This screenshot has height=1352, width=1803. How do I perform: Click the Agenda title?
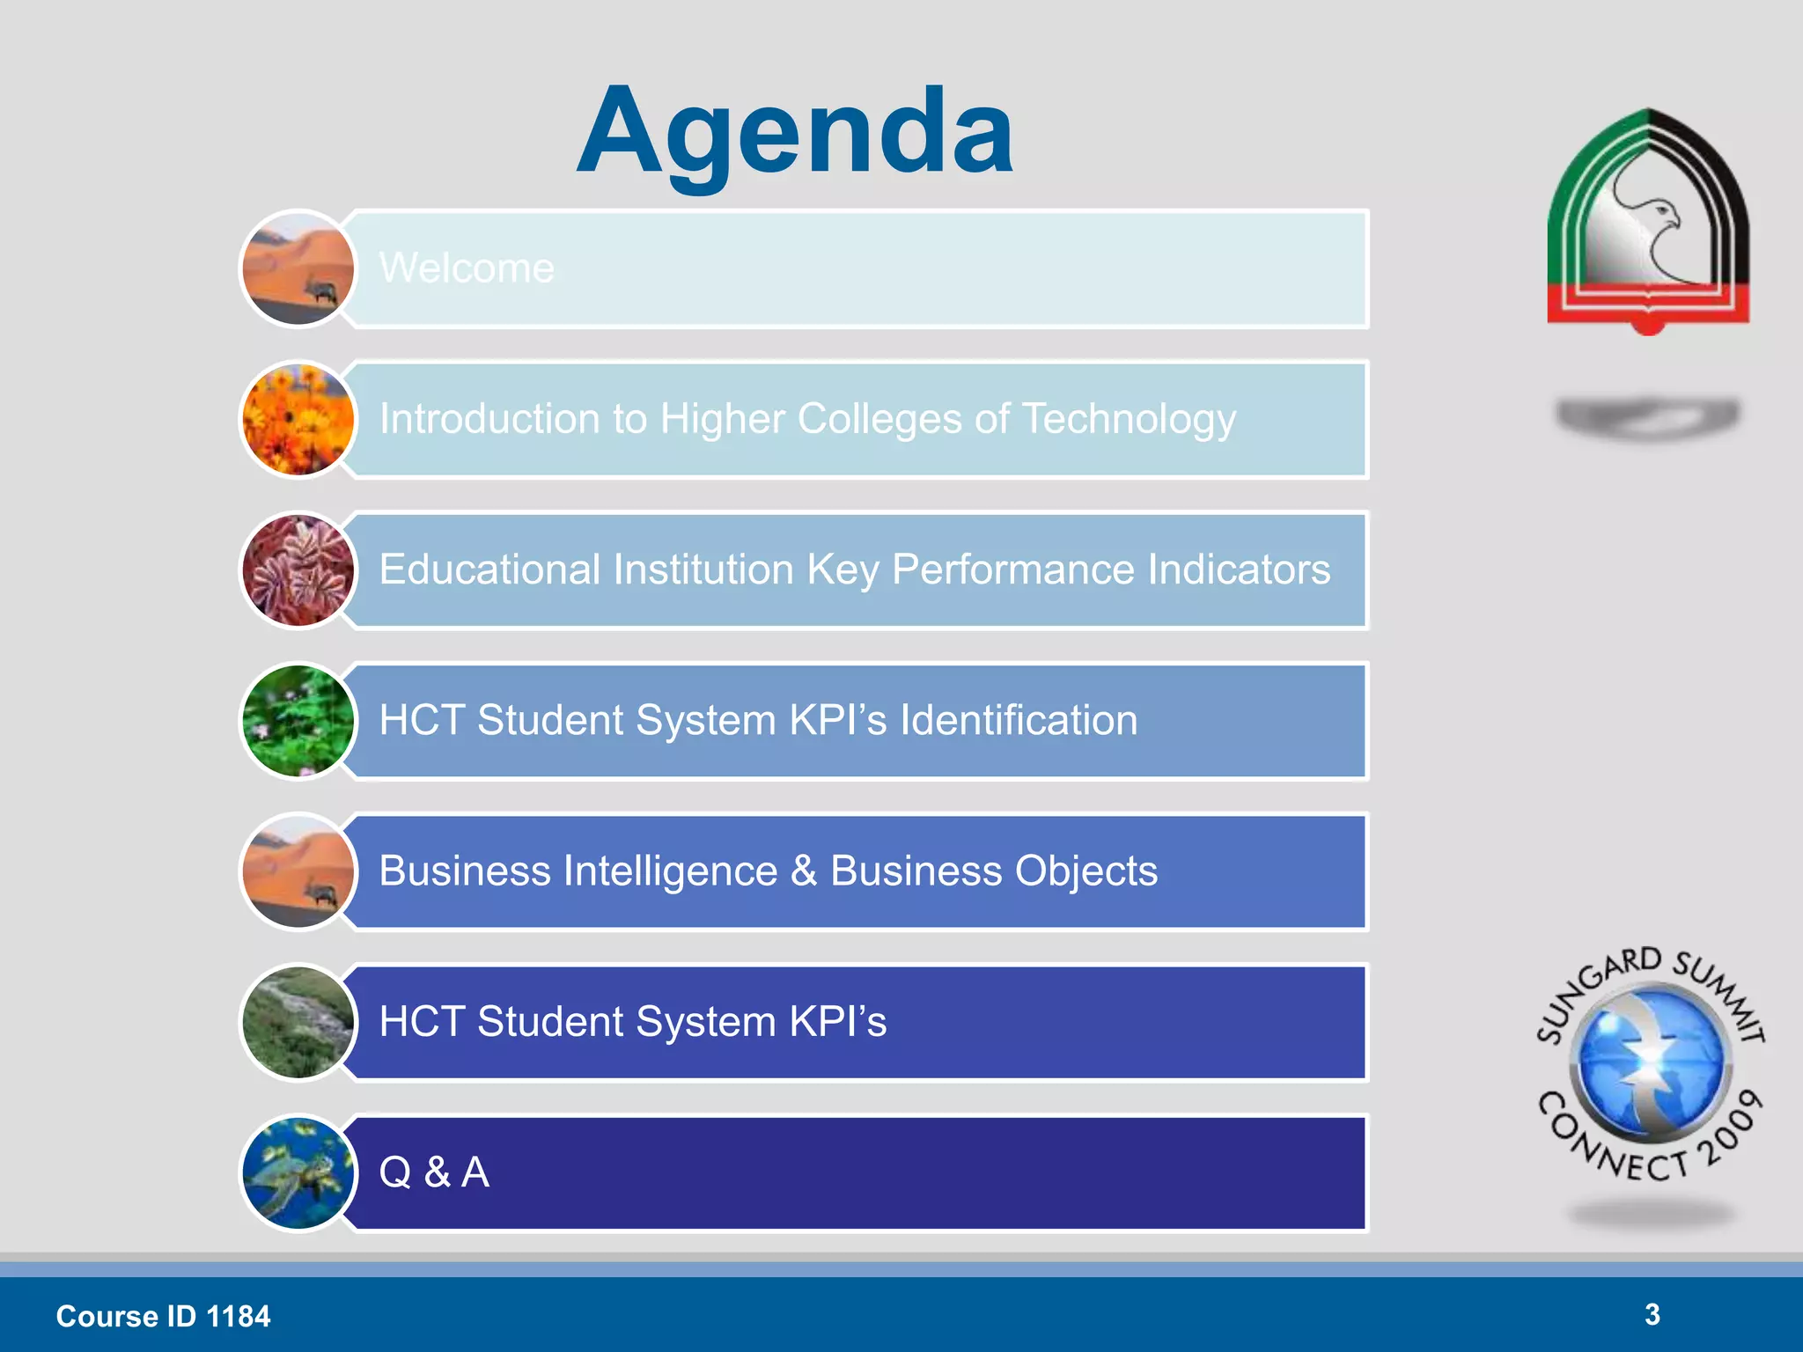(795, 132)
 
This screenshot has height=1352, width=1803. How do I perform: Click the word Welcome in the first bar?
(467, 268)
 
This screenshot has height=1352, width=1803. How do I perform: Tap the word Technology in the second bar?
(1130, 419)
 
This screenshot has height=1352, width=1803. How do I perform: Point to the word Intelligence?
(671, 871)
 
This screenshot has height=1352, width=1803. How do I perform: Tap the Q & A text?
(434, 1172)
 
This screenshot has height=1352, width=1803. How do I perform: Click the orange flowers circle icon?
(298, 420)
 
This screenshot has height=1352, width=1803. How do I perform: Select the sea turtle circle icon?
(298, 1173)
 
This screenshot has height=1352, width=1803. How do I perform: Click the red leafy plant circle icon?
(298, 570)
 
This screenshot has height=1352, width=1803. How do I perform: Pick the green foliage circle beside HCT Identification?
(298, 721)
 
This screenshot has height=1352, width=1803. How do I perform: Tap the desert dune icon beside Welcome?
(298, 268)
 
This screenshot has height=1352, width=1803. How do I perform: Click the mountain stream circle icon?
(298, 1023)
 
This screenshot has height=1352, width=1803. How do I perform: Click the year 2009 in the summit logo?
(1731, 1128)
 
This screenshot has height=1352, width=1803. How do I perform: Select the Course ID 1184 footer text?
(163, 1316)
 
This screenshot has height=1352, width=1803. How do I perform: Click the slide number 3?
(1652, 1314)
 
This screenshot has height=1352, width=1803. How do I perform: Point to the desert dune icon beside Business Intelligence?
(298, 871)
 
